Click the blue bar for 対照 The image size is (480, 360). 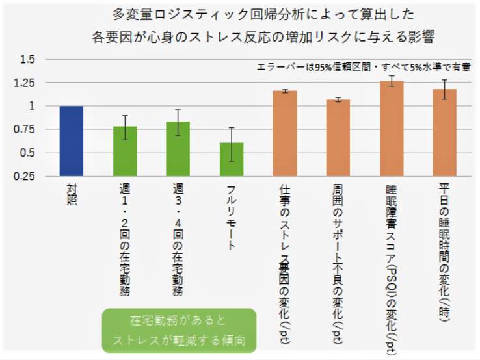click(72, 141)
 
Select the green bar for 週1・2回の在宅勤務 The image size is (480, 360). click(125, 151)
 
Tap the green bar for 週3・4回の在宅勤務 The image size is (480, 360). click(178, 149)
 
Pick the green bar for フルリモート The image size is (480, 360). click(232, 159)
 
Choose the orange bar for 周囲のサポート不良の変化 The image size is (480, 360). click(338, 138)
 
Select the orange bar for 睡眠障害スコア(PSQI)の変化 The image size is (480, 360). click(392, 129)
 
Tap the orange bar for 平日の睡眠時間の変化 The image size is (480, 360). click(445, 133)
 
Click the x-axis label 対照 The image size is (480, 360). click(72, 194)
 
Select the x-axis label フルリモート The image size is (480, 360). click(232, 218)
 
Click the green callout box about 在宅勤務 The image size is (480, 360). click(179, 330)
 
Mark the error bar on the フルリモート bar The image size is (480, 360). click(232, 144)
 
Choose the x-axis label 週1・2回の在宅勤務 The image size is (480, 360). click(125, 240)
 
